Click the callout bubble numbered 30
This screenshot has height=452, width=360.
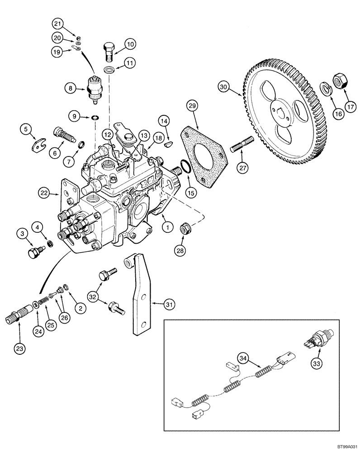[223, 85]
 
